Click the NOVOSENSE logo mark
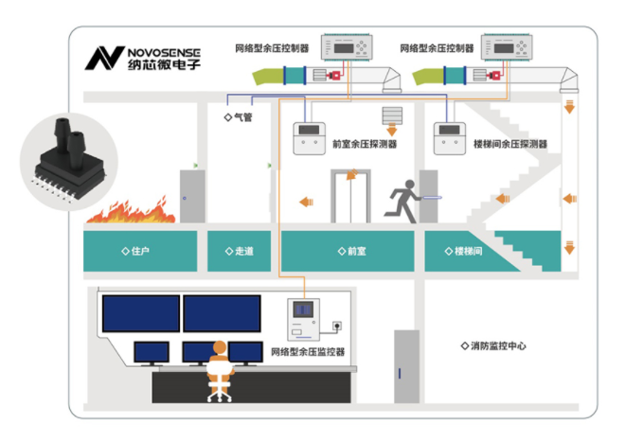point(100,57)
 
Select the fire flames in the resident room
point(131,211)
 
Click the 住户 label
point(136,252)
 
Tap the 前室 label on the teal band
point(350,252)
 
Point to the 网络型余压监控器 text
point(307,352)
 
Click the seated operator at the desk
point(219,368)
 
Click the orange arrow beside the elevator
point(306,201)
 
